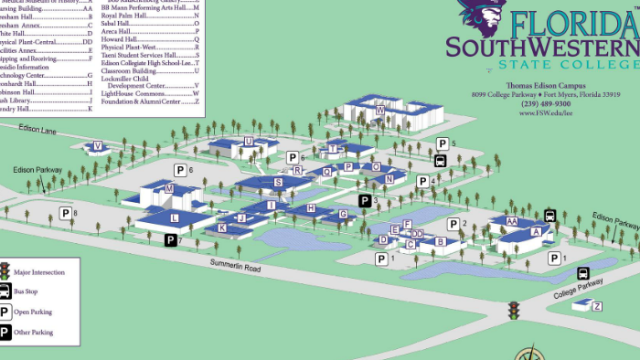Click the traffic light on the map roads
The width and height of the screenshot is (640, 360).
[513, 310]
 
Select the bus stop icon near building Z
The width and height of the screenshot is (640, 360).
[582, 272]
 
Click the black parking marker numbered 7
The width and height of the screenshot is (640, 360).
[170, 240]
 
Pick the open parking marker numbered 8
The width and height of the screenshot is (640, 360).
[65, 213]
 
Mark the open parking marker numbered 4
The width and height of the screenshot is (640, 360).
[422, 182]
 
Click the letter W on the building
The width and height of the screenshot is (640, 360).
[379, 110]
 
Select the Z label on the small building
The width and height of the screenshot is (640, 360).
[598, 305]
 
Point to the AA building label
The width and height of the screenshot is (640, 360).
[512, 222]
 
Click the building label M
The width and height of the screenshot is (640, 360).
[169, 189]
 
